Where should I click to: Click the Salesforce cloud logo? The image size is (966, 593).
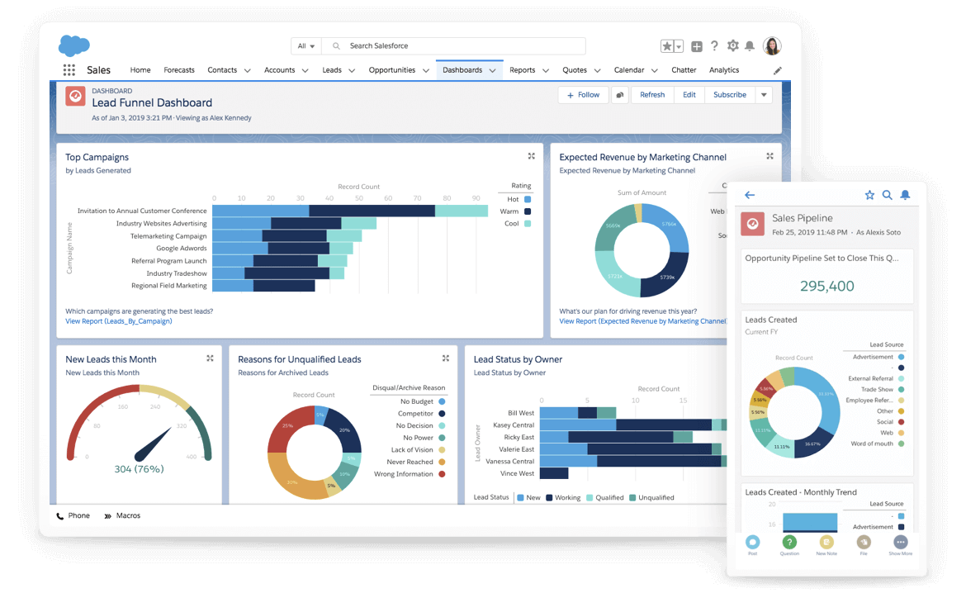74,45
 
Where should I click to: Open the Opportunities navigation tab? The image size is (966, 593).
392,70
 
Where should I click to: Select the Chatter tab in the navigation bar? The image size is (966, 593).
684,70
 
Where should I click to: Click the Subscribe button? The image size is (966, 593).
729,95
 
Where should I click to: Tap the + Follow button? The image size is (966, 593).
583,95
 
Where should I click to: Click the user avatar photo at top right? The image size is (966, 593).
772,46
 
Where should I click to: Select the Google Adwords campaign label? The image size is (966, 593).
182,249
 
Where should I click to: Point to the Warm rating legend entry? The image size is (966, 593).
509,211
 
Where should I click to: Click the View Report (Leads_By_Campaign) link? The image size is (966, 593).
119,321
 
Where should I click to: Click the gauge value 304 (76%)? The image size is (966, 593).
139,469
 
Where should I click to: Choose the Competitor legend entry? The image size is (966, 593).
415,414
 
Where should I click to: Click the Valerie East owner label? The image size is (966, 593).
516,449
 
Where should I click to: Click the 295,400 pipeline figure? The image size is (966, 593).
827,286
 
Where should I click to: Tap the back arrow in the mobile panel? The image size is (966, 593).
750,196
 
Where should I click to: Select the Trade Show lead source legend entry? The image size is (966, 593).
877,390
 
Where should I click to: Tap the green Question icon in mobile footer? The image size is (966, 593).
789,543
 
